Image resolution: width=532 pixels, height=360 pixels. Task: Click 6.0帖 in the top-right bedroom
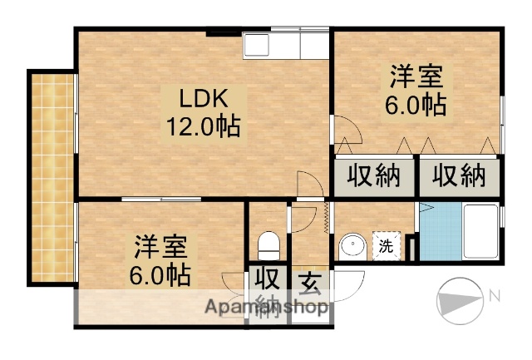click(416, 106)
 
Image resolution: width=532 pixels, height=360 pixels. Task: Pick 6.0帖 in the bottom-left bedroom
click(160, 274)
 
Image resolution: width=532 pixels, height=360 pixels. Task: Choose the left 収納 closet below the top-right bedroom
click(373, 176)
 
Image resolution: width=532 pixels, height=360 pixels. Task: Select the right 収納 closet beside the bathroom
click(458, 176)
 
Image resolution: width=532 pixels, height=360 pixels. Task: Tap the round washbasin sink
click(352, 247)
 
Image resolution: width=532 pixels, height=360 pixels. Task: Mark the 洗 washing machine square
click(387, 246)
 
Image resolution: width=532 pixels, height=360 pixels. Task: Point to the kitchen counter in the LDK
click(287, 45)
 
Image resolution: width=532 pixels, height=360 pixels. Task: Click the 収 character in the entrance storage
click(267, 278)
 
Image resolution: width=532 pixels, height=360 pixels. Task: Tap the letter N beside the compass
click(494, 296)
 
